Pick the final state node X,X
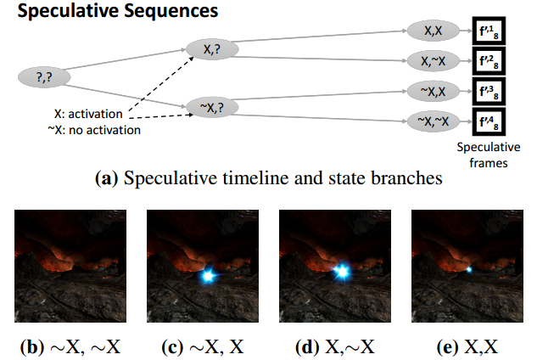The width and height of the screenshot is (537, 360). pos(433,31)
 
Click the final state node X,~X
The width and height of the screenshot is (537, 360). pos(433,61)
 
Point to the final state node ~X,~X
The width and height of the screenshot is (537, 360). pos(433,119)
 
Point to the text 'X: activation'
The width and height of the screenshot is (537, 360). pos(87,115)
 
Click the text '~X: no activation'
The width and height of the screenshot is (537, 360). pos(94,129)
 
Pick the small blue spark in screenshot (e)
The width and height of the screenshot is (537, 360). pos(468,269)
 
